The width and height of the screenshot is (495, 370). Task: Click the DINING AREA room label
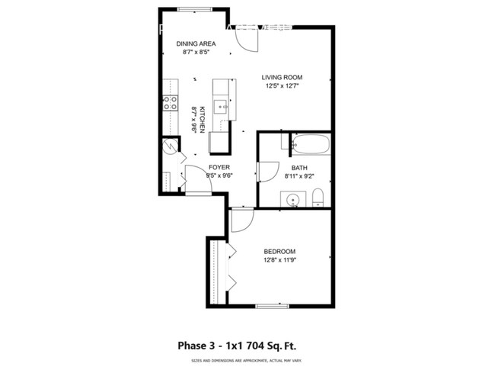tap(196, 44)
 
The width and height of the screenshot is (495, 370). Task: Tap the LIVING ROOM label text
tap(283, 77)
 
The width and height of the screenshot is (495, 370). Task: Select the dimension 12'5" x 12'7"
tap(283, 85)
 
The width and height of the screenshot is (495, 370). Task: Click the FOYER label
tap(219, 167)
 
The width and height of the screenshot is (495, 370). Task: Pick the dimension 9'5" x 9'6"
tap(219, 175)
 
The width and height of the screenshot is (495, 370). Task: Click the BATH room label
tap(299, 168)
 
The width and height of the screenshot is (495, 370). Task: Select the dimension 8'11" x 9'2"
tap(299, 176)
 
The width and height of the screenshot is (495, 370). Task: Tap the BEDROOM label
tap(279, 252)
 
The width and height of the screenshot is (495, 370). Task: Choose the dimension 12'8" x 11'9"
tap(279, 260)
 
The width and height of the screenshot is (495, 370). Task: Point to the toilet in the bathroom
tap(319, 198)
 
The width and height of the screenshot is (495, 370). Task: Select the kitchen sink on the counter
tap(222, 107)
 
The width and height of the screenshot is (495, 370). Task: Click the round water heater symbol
tap(168, 148)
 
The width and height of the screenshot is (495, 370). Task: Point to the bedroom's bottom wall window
tap(273, 307)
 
